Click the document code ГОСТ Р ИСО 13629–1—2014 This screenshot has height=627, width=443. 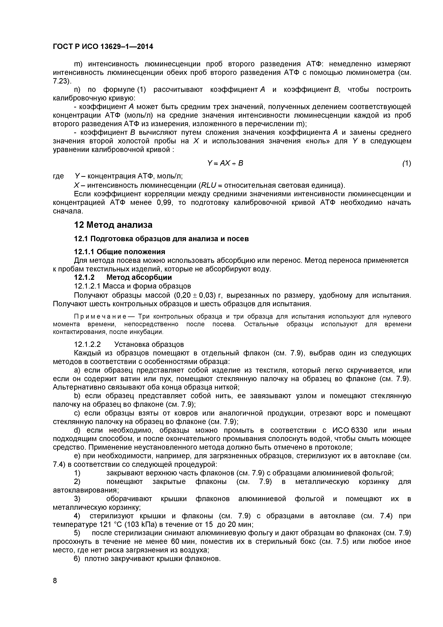pyautogui.click(x=103, y=47)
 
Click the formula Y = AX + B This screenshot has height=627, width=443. pyautogui.click(x=225, y=163)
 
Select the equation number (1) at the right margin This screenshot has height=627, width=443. pyautogui.click(x=406, y=163)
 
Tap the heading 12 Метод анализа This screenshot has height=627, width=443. pyautogui.click(x=113, y=225)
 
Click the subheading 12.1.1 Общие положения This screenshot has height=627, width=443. pyautogui.click(x=120, y=252)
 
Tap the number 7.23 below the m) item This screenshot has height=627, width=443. pyautogui.click(x=61, y=81)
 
